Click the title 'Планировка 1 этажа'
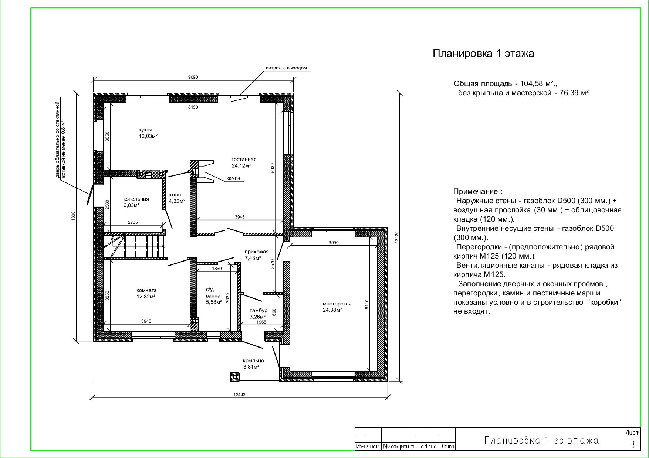tap(483, 54)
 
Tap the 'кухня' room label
tap(145, 130)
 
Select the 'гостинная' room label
tap(244, 160)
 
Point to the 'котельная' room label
tap(136, 199)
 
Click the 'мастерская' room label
tap(337, 304)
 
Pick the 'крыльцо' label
tap(253, 361)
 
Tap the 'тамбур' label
tap(258, 311)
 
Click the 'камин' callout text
tap(233, 178)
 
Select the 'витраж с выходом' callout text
tap(286, 68)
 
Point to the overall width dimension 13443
tap(239, 394)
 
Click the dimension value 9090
tap(193, 77)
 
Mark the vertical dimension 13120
tap(397, 237)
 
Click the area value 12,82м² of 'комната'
tap(146, 296)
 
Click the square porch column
tap(235, 376)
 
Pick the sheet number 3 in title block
tap(632, 444)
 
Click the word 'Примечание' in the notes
tap(476, 192)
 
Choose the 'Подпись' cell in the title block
tap(428, 447)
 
